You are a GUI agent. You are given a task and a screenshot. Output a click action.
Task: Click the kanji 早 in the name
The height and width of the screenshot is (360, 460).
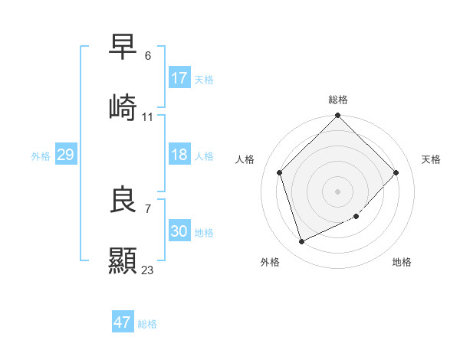[x=123, y=47]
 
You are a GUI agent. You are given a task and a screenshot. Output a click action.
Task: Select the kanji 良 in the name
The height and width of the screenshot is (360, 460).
[x=123, y=198]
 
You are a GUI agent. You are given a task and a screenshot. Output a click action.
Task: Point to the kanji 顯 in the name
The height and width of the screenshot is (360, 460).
[x=123, y=260]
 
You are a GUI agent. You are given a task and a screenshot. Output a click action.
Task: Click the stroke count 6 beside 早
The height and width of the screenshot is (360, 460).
[x=148, y=56]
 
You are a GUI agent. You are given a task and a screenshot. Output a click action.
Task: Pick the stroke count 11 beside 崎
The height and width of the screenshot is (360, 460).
[x=148, y=117]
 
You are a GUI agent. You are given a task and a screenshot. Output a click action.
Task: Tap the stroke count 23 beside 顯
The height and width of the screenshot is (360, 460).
[x=148, y=270]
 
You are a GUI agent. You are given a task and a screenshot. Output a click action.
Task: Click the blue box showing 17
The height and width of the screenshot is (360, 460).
[x=179, y=78]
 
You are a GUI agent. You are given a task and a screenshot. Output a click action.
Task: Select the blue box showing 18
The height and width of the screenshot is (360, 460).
[x=179, y=155]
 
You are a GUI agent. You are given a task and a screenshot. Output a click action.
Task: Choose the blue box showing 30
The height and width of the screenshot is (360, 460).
[x=179, y=231]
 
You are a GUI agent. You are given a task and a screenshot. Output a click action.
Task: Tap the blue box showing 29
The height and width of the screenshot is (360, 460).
[x=65, y=155]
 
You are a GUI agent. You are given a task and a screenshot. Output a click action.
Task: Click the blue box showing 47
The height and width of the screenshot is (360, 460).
[x=122, y=322]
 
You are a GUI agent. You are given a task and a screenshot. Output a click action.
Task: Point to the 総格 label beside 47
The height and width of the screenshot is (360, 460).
[x=147, y=324]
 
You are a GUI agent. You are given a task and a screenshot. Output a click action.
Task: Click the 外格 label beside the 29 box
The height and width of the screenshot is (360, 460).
[x=41, y=156]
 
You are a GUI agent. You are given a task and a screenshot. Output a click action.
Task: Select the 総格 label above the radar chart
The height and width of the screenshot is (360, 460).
[x=338, y=100]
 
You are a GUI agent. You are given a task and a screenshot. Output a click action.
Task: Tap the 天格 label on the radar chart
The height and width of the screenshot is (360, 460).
[x=432, y=159]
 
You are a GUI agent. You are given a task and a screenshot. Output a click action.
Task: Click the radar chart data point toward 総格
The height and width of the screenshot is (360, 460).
[x=338, y=116]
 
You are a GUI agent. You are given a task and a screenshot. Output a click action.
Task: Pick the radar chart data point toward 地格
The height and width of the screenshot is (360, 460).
[x=356, y=217]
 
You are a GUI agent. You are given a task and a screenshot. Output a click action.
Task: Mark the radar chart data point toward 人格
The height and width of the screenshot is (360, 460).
[x=280, y=172]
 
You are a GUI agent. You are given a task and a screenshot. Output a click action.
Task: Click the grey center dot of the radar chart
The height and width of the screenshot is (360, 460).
[x=338, y=191]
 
